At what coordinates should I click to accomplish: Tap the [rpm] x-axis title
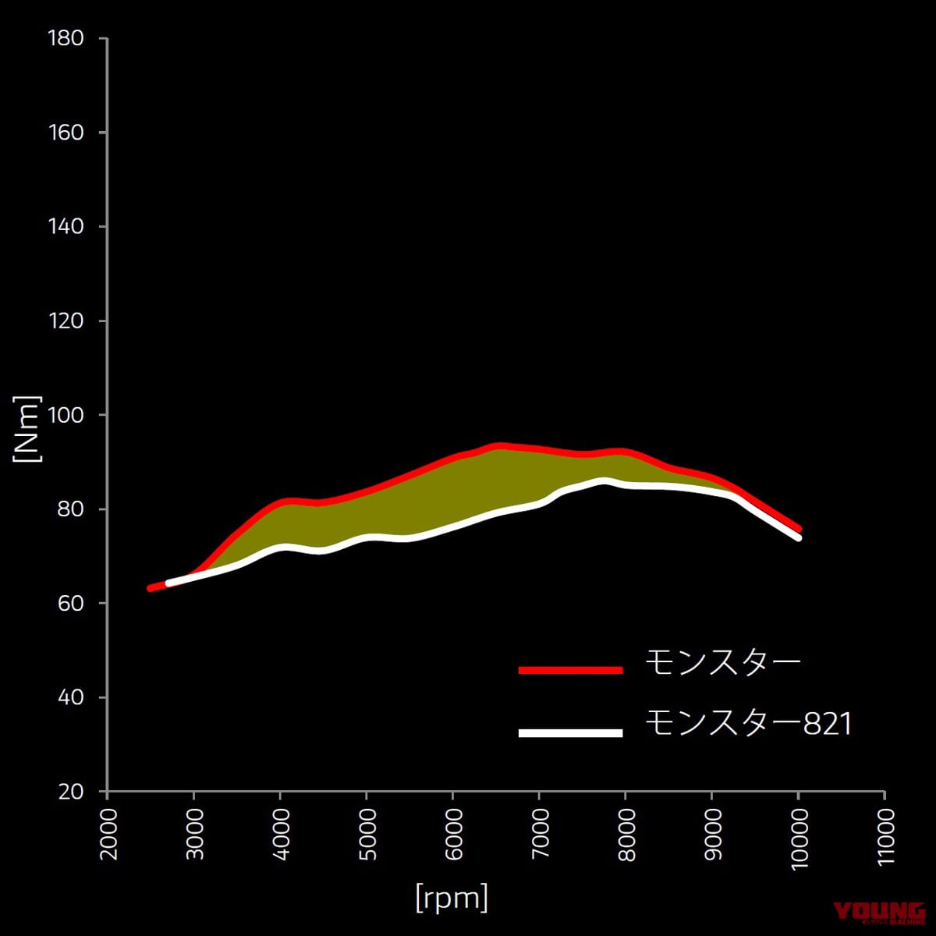point(452,897)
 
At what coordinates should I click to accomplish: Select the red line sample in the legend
point(571,670)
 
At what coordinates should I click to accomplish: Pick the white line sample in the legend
point(571,732)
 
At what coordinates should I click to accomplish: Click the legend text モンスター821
point(748,725)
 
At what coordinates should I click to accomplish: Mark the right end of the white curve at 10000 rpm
point(798,537)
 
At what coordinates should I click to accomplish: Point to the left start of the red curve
point(150,588)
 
